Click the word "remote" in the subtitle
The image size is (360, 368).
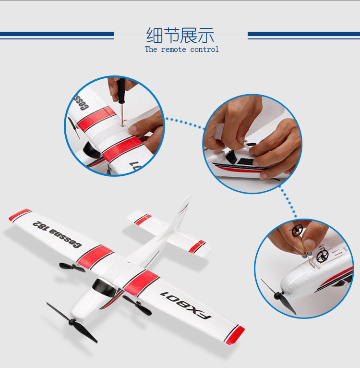pyautogui.click(x=173, y=49)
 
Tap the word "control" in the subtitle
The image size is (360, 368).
pyautogui.click(x=204, y=49)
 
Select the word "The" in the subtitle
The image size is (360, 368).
pyautogui.click(x=151, y=49)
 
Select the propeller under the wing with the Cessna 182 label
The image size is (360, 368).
pyautogui.click(x=72, y=266)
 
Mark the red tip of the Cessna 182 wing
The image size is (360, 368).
pyautogui.click(x=20, y=215)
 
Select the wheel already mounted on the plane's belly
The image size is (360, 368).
pyautogui.click(x=320, y=255)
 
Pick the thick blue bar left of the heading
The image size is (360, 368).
pyautogui.click(x=57, y=34)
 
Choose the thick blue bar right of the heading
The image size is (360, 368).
pyautogui.click(x=303, y=34)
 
